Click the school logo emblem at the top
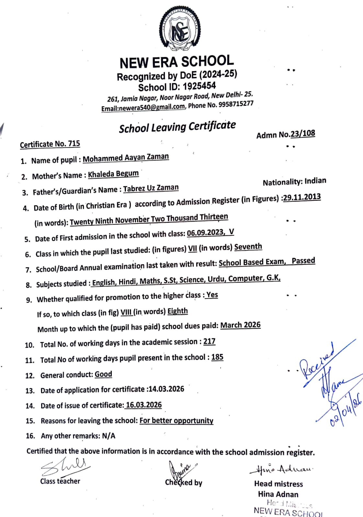[180, 31]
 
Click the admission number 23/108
[303, 134]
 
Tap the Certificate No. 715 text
[50, 144]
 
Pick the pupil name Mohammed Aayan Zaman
[126, 158]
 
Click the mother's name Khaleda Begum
[113, 174]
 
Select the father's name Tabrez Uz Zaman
[151, 188]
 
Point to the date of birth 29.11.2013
[302, 197]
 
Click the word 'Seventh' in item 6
[248, 247]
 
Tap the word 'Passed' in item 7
[303, 261]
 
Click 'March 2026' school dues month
[240, 325]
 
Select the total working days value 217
[209, 341]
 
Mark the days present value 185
[217, 357]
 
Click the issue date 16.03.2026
[144, 405]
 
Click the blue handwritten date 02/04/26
[345, 409]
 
